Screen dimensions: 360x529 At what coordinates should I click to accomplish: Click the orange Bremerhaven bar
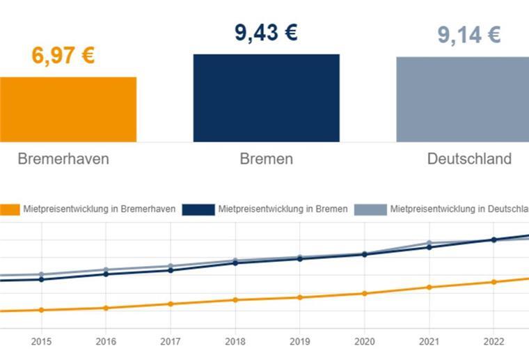[68, 109]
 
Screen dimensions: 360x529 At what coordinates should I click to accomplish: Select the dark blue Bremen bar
[266, 98]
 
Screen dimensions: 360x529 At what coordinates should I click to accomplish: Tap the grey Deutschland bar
[463, 100]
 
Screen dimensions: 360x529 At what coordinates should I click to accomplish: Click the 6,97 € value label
[63, 56]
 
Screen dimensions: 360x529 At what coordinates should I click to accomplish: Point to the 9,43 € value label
[266, 32]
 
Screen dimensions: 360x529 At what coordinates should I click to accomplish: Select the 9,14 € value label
[468, 35]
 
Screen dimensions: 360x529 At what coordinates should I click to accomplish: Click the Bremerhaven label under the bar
[63, 159]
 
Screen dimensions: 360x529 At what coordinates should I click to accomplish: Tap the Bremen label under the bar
[266, 159]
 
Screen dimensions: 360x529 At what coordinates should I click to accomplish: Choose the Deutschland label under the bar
[469, 159]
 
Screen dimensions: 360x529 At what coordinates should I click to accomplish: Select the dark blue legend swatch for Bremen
[198, 209]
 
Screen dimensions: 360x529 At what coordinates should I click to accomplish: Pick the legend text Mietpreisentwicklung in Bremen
[283, 209]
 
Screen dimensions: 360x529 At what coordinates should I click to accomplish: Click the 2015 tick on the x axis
[41, 341]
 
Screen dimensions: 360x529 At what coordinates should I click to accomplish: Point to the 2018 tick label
[235, 341]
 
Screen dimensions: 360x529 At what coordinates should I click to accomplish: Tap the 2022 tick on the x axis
[494, 341]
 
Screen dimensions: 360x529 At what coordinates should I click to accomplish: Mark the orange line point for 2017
[171, 304]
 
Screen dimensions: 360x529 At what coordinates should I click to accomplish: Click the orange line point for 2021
[429, 287]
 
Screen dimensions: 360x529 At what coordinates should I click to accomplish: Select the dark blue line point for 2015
[41, 279]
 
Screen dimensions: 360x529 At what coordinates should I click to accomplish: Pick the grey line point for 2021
[429, 243]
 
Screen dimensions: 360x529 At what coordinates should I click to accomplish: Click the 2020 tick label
[364, 341]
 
